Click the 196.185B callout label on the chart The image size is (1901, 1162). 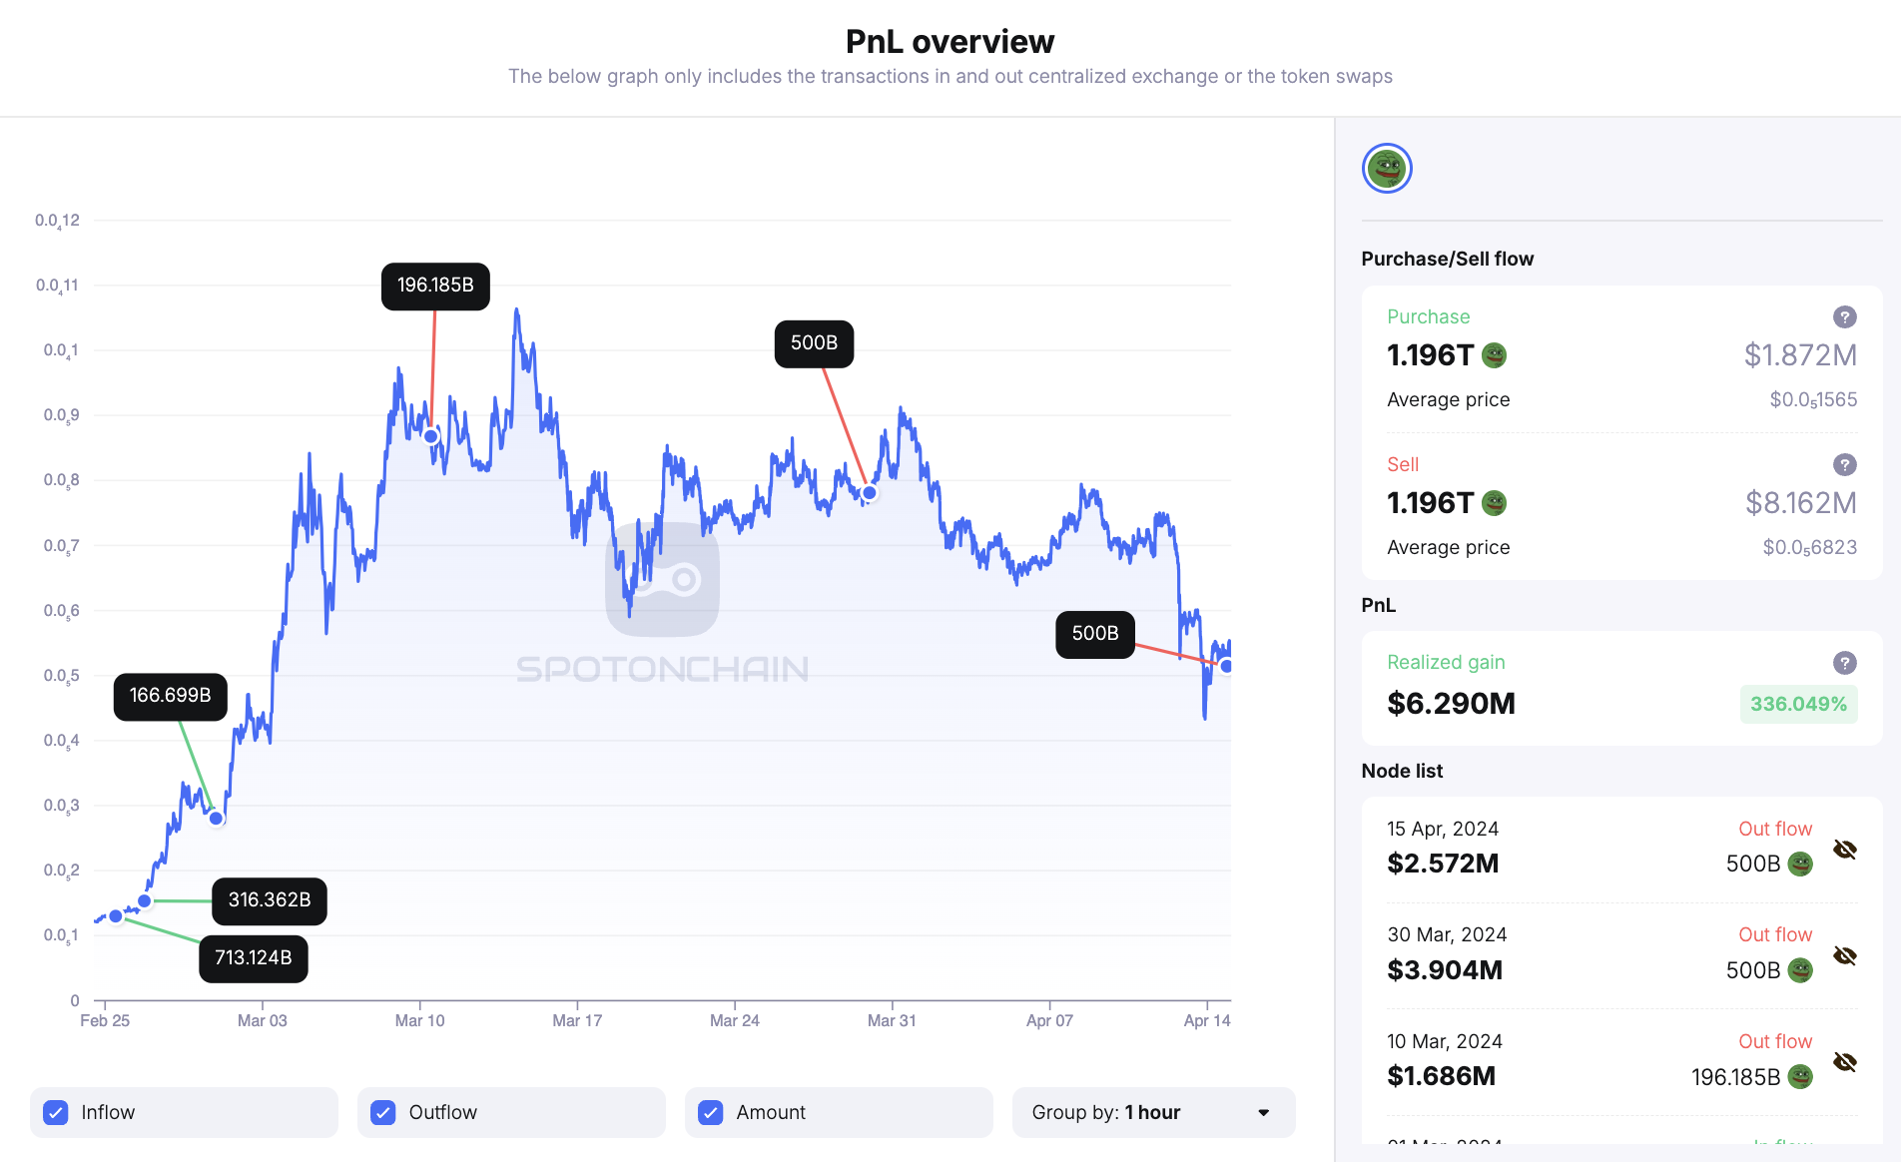tap(435, 286)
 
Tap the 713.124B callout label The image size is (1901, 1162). tap(254, 958)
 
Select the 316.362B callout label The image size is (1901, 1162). tap(270, 900)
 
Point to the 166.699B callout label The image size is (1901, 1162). tap(171, 696)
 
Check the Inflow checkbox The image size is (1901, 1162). tap(57, 1112)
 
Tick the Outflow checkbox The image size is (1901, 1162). tap(383, 1112)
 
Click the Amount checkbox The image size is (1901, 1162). tap(711, 1112)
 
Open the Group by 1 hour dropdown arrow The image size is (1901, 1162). tap(1263, 1112)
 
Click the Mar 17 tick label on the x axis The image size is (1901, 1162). tap(577, 1020)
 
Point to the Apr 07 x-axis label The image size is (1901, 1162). tap(1049, 1020)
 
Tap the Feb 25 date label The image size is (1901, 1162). tap(105, 1020)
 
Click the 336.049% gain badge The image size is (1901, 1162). tap(1798, 704)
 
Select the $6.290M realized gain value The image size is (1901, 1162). tap(1451, 704)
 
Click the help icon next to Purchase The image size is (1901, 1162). tap(1844, 317)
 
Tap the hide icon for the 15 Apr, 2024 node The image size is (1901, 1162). tap(1844, 850)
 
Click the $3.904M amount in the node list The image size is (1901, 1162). tap(1445, 970)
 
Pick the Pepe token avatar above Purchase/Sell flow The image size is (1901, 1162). tap(1387, 169)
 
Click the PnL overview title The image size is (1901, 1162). tap(950, 42)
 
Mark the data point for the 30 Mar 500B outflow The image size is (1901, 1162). tap(870, 493)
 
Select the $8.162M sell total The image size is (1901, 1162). tap(1800, 503)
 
